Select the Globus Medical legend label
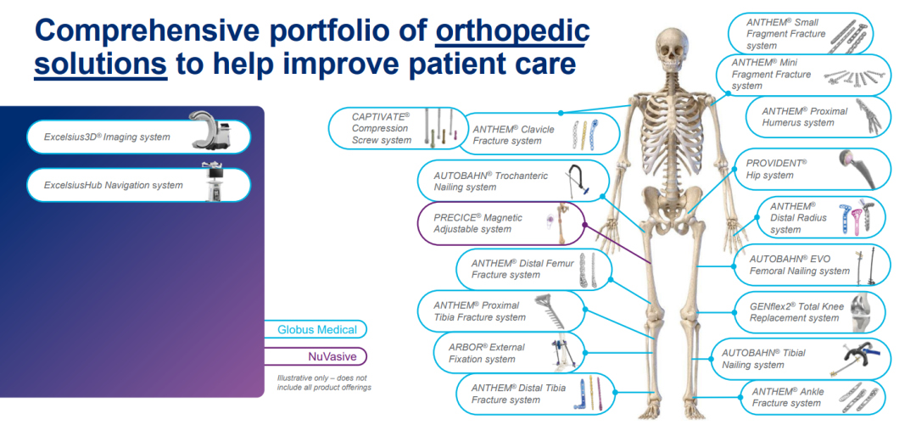[x=317, y=330]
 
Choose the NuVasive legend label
[x=332, y=356]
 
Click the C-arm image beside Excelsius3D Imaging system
[x=211, y=129]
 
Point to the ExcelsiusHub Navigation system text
[x=114, y=185]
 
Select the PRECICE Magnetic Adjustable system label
[x=478, y=223]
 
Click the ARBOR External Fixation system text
[x=487, y=353]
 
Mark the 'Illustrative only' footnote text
[x=323, y=383]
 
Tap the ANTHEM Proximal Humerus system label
[x=798, y=116]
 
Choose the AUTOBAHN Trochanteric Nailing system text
[x=491, y=182]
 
